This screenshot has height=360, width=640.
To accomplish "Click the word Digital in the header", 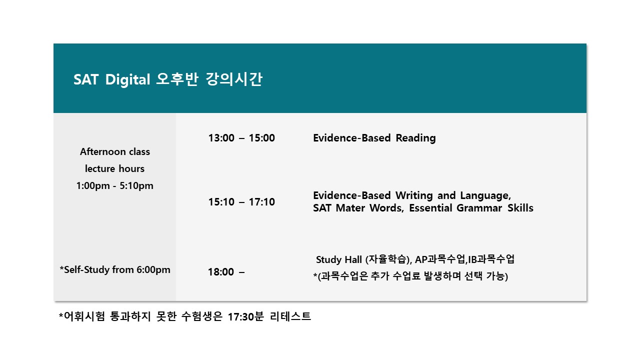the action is pos(127,79).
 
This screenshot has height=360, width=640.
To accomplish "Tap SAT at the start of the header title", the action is pos(86,79).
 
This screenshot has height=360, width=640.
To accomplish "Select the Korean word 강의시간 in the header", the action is pos(233,79).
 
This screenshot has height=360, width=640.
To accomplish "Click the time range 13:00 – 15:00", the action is pos(241,138).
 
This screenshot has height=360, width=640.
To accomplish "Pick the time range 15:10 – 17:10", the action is pos(241,202).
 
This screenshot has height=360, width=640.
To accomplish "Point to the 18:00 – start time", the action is pos(226,272).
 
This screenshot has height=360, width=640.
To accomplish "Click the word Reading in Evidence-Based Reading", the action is pos(415,138).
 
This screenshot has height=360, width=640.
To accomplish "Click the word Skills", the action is pos(520,208).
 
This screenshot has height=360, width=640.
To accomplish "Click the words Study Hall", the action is pos(339,259).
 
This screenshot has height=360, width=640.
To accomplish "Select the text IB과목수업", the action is pos(491,259).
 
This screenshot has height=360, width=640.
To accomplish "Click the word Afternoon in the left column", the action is pos(98,151).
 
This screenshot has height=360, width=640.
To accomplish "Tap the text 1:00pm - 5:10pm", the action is pos(115,186).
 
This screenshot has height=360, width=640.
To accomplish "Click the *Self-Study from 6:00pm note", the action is pos(115,269).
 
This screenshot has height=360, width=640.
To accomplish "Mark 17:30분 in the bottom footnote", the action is pos(245,316).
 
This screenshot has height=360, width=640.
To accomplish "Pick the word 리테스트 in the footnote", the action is pos(290,316).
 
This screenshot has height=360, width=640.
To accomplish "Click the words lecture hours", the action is pos(115,169).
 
